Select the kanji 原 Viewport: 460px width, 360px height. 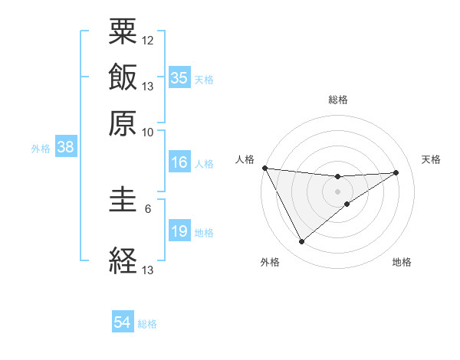(x=123, y=122)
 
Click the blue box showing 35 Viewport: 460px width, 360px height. (x=179, y=78)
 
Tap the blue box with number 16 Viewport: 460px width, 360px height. (x=179, y=162)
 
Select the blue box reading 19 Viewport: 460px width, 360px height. (x=179, y=231)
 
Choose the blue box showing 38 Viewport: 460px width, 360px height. (x=65, y=148)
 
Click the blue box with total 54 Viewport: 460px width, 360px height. (x=123, y=323)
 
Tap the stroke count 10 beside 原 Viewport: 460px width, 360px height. (x=148, y=132)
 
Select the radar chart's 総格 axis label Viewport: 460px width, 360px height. (x=338, y=100)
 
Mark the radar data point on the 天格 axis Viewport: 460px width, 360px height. (x=396, y=172)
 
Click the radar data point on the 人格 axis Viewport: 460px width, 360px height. (x=264, y=168)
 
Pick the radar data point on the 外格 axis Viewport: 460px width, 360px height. (x=301, y=242)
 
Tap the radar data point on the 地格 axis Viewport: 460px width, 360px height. (x=347, y=204)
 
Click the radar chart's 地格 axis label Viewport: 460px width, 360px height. (x=402, y=263)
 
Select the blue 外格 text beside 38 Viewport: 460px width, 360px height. (x=40, y=149)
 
